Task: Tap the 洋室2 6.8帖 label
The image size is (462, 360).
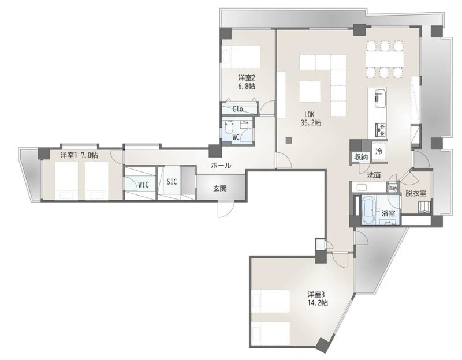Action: point(247,82)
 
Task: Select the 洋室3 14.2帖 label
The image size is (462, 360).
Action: point(316,298)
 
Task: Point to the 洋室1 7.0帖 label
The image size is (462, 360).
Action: point(79,155)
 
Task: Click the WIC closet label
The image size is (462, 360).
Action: point(143,185)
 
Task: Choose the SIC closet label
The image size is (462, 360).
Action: point(172,182)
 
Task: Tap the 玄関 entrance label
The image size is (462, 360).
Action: point(220,188)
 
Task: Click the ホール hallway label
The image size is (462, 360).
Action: point(221,166)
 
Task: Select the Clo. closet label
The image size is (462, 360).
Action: point(239,109)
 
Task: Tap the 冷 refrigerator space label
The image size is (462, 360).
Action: point(379,152)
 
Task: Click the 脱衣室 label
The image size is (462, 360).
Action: point(416,193)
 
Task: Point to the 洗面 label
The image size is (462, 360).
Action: point(374,175)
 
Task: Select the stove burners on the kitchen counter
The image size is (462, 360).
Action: point(380,130)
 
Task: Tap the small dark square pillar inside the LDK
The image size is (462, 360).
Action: point(289,140)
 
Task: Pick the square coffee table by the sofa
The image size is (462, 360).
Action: point(310,91)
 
